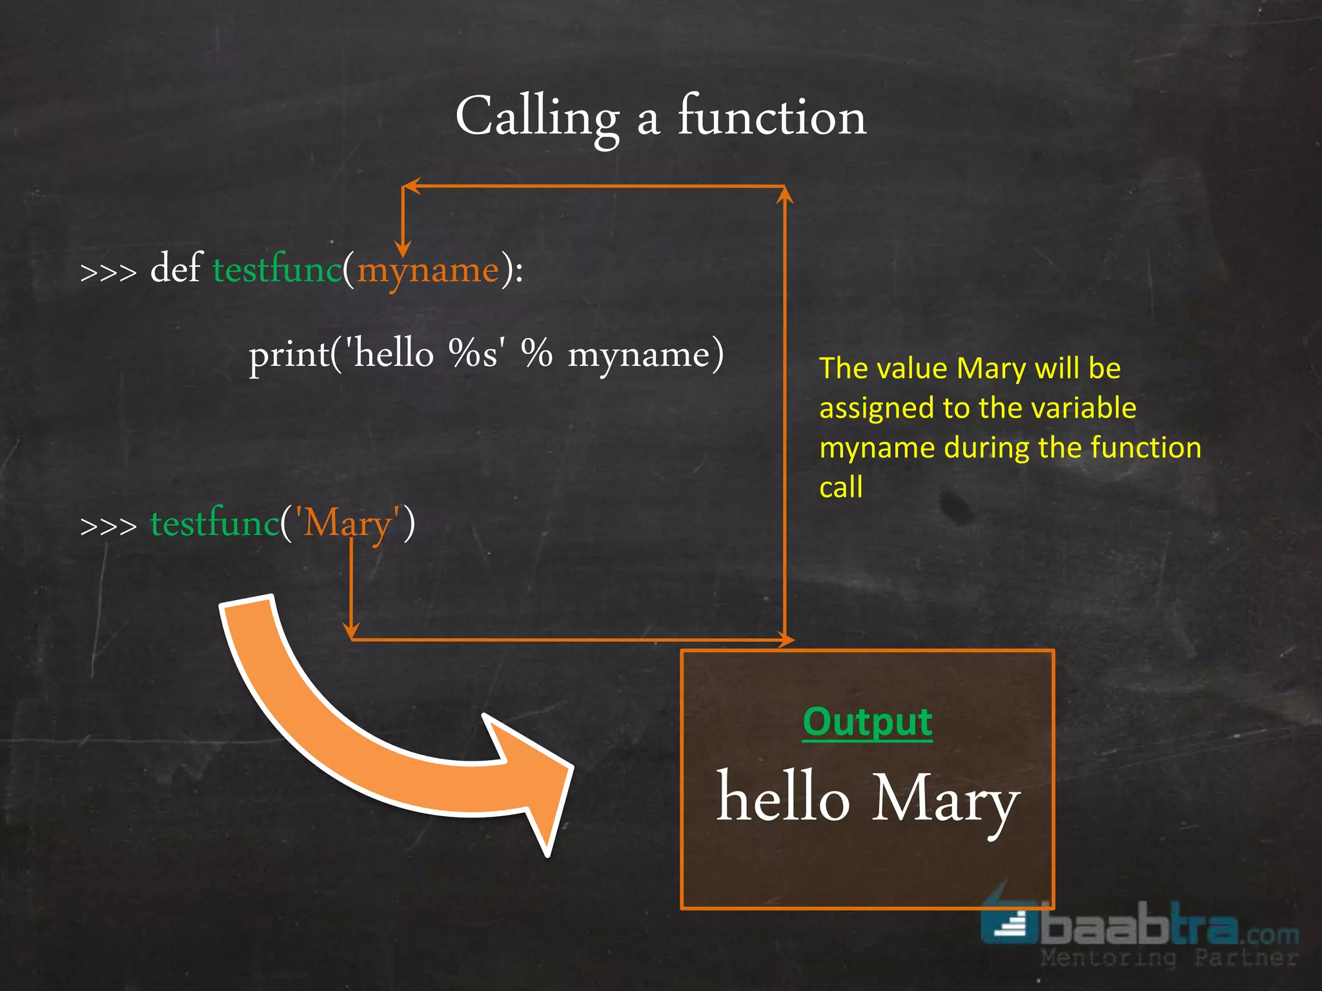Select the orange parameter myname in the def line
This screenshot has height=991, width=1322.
(x=428, y=270)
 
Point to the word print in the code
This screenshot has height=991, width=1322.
(x=289, y=355)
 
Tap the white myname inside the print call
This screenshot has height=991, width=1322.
(x=639, y=355)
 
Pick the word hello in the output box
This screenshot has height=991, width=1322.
(x=783, y=799)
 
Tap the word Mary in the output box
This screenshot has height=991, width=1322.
(x=946, y=800)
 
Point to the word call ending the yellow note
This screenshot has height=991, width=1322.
(x=840, y=487)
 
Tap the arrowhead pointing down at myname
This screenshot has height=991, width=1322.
(x=403, y=248)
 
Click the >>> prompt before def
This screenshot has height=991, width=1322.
(x=108, y=272)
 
